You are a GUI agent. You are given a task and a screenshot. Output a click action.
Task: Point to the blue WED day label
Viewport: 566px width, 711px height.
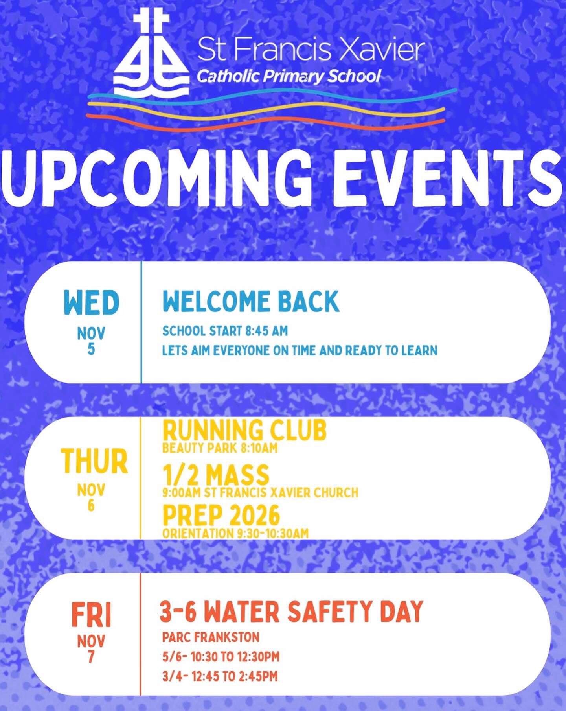coord(91,302)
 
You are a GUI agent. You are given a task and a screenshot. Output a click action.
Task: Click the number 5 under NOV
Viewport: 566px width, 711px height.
coord(91,349)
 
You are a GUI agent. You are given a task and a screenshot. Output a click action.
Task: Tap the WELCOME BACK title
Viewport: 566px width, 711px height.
coord(251,302)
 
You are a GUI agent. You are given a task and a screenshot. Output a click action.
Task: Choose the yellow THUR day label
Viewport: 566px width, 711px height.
coord(94,461)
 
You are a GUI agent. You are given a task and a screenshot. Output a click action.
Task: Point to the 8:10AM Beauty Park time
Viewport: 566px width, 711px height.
coord(259,448)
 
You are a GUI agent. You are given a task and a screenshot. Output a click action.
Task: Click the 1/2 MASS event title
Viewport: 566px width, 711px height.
coord(216,475)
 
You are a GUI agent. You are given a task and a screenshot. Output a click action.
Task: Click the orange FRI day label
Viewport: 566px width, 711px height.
coord(92,615)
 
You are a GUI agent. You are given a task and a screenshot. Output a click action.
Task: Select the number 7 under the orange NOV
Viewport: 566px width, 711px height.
coord(91,657)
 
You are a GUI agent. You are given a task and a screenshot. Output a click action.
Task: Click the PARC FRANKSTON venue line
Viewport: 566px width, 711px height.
coord(211,637)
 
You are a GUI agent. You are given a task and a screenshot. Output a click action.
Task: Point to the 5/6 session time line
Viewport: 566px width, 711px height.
coord(221,657)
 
